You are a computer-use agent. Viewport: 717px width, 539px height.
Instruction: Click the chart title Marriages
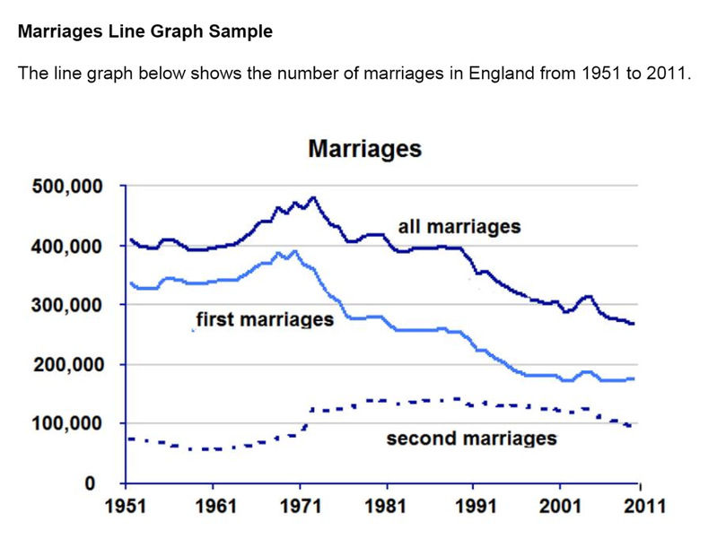tap(364, 149)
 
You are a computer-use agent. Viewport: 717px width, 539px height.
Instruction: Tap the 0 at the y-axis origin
tap(91, 483)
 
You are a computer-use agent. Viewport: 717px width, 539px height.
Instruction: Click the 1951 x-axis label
tap(127, 506)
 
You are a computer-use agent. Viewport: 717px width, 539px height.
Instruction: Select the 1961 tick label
tap(213, 506)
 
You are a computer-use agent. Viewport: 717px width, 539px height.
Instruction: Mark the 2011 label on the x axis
tap(643, 506)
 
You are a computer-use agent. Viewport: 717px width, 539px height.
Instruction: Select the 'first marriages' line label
tap(264, 319)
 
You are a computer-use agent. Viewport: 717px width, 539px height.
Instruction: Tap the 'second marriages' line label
tap(471, 439)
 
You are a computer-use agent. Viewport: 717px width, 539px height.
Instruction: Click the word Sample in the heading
tap(242, 31)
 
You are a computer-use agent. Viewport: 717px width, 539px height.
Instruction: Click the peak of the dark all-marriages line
tap(312, 197)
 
